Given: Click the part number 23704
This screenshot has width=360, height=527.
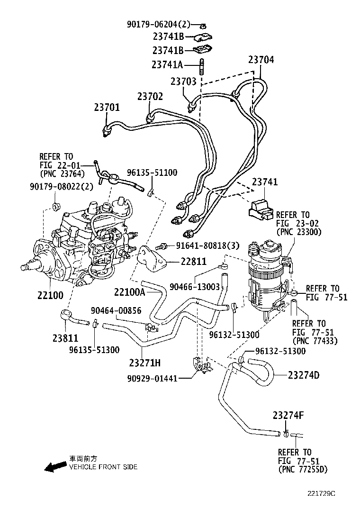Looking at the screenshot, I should coord(261,60).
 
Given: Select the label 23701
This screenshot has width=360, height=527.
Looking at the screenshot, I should coord(107,108).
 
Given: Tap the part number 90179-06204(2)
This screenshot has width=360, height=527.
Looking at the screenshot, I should coord(158,24).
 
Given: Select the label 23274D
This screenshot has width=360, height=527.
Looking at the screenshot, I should coord(303,375).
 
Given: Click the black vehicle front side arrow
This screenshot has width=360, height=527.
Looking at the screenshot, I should coord(55,466).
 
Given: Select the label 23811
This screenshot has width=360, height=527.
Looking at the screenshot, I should coord(65,339).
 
